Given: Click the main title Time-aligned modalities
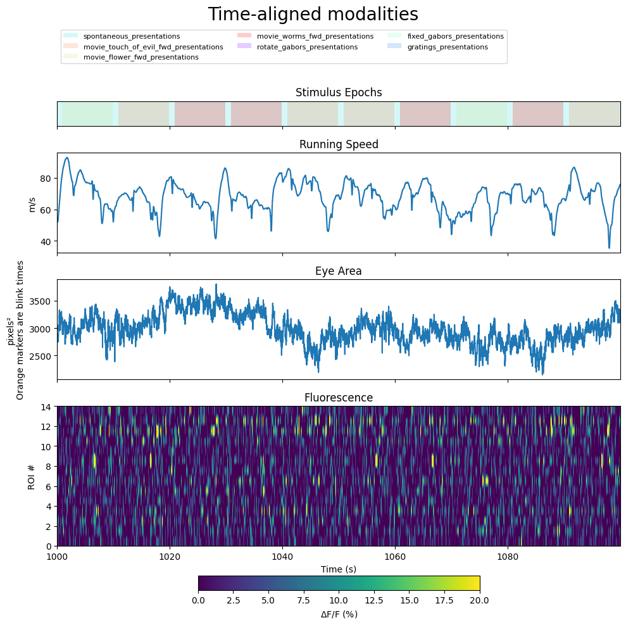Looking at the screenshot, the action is click(x=313, y=15).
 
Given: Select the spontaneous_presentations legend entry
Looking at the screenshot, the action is click(x=122, y=36).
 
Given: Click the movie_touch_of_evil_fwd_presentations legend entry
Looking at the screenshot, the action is click(x=143, y=47).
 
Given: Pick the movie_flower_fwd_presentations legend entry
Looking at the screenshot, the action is click(x=131, y=58).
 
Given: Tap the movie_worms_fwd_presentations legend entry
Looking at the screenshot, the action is click(x=306, y=36).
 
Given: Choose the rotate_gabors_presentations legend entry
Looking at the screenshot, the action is click(x=297, y=47).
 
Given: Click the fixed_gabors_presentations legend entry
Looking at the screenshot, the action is click(x=446, y=36).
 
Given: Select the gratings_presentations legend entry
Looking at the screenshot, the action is click(x=437, y=47).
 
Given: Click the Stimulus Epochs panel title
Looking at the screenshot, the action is click(x=339, y=92).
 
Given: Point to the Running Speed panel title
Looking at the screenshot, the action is click(x=339, y=144).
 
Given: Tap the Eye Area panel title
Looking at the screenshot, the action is click(x=339, y=271).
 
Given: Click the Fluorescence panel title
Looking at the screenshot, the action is click(x=339, y=398).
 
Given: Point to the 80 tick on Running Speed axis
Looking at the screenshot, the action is click(x=46, y=179).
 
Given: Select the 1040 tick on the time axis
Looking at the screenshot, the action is click(x=283, y=556).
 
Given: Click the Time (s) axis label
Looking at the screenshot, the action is click(x=339, y=569).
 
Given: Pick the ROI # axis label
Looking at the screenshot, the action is click(x=32, y=476).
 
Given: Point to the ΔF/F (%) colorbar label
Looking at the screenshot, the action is click(x=339, y=614).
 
